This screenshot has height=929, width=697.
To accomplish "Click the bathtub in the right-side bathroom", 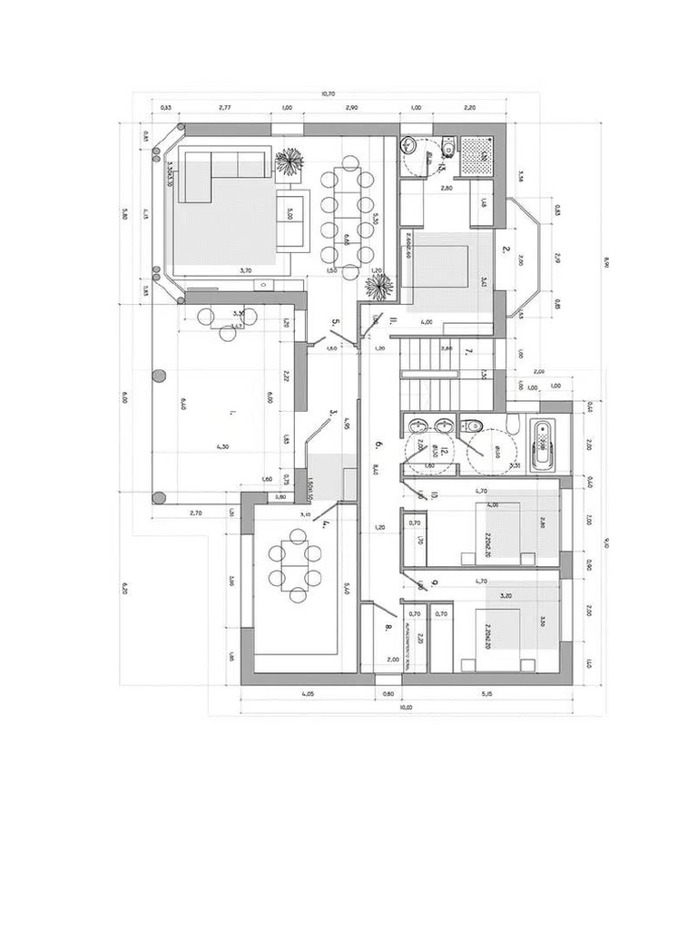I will [x=542, y=445].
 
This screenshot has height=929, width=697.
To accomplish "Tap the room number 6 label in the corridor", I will [x=378, y=445].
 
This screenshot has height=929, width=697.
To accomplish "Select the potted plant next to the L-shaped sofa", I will [x=289, y=162].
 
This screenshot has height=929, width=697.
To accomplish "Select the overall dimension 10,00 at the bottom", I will [x=405, y=707].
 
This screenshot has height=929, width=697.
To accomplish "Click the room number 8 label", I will [x=388, y=626].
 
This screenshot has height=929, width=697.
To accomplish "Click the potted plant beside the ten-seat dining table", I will [x=378, y=287].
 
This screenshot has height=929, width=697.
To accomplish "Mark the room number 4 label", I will [x=324, y=523].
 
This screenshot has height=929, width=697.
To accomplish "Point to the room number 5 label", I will [x=335, y=322].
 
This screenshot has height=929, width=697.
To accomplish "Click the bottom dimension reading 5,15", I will [x=488, y=694].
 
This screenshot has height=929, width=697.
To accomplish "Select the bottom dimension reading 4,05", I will [x=308, y=694].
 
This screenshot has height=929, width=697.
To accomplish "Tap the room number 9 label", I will [x=436, y=582].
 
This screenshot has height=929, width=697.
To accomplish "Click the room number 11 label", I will [x=392, y=320].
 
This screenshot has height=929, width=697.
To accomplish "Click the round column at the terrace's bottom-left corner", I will [x=159, y=497].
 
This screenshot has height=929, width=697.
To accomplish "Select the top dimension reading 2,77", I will [x=225, y=108].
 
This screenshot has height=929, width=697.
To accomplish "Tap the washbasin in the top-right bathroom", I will [x=409, y=143].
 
